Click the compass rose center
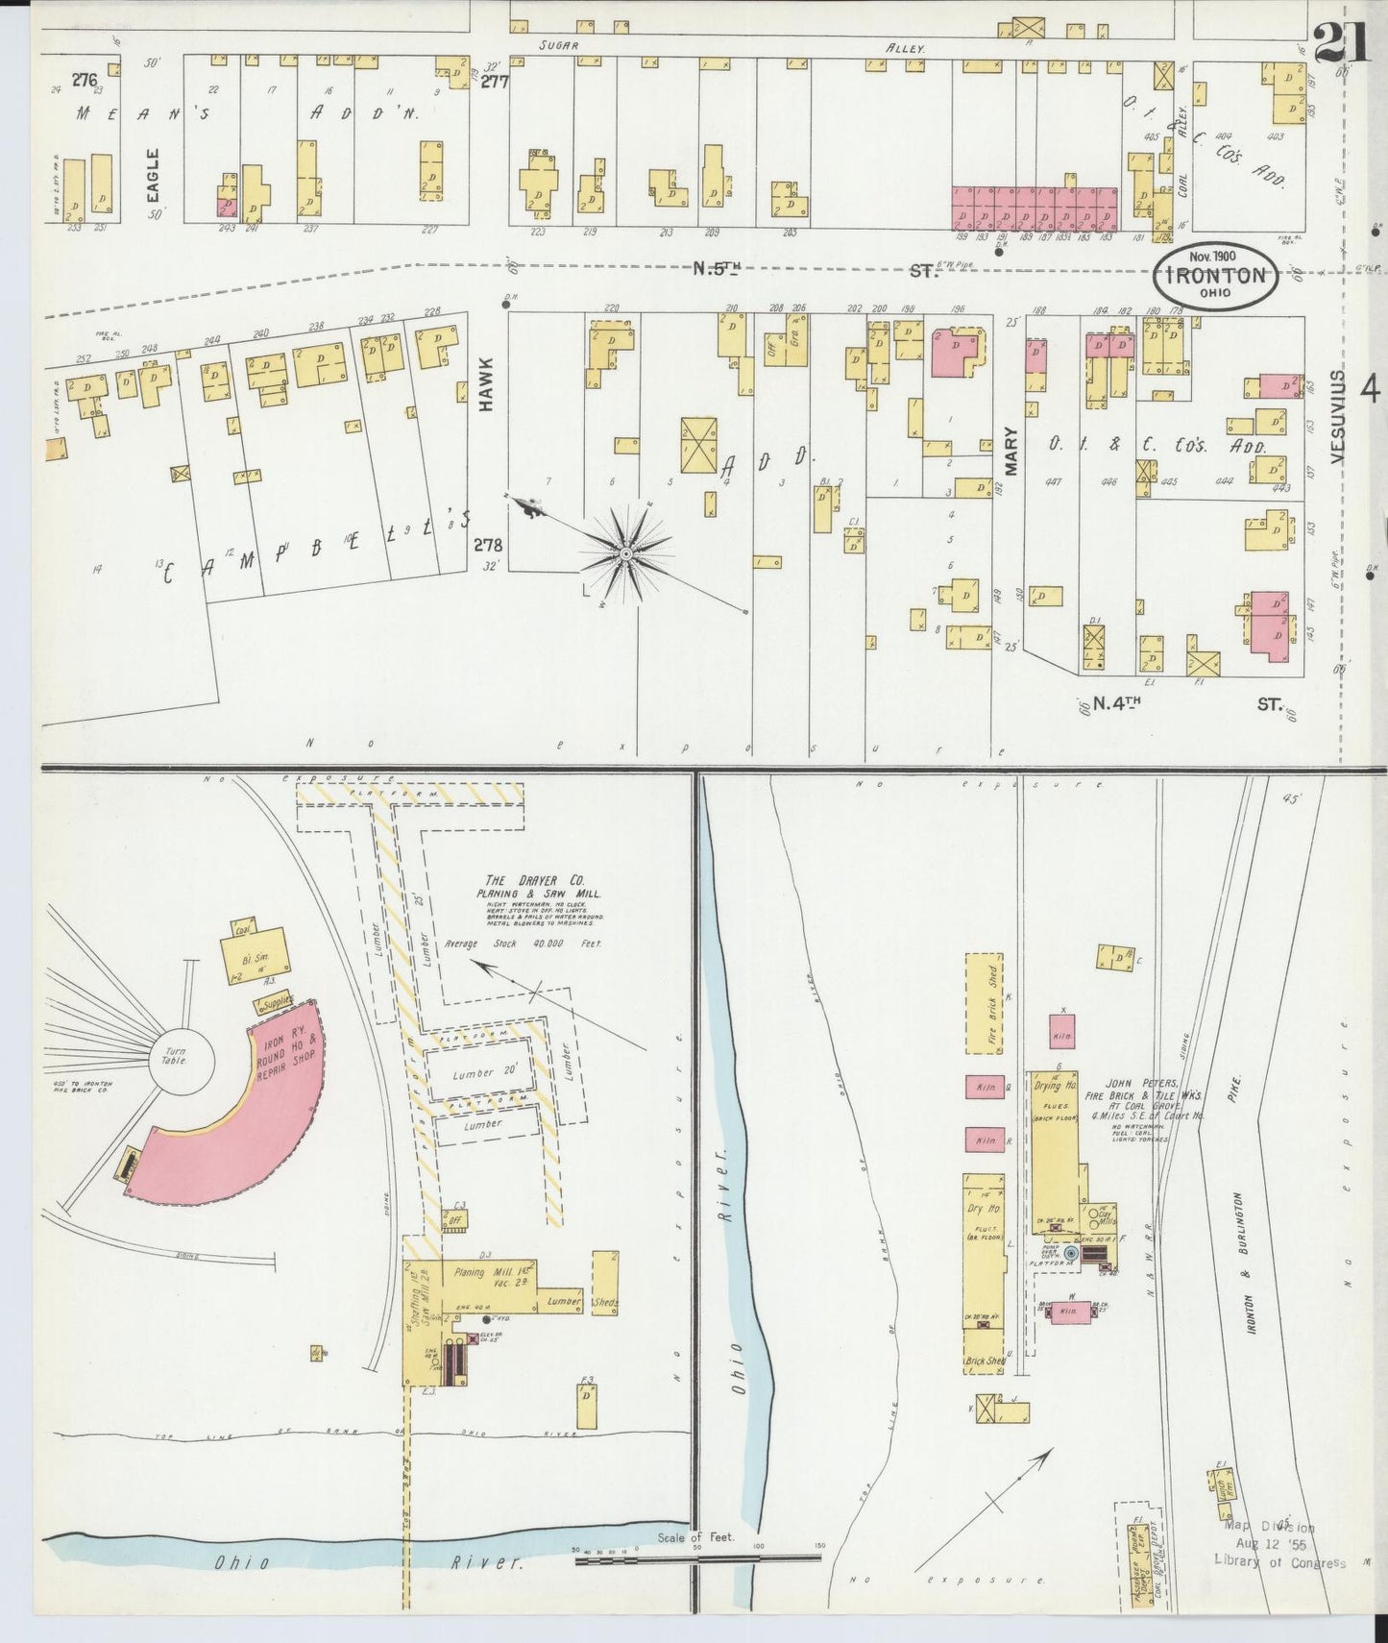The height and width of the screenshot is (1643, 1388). coord(625,554)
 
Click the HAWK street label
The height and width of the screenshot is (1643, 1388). coord(487,384)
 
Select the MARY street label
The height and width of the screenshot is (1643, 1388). coord(1010,450)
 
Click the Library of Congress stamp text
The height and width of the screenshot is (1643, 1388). coord(1279,1562)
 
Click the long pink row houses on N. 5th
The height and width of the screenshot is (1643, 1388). coord(1035,207)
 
